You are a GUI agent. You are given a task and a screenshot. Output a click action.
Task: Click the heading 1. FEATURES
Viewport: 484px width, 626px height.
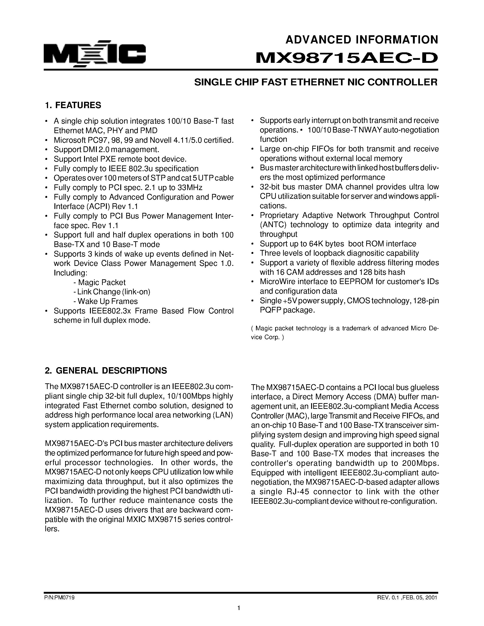click(73, 105)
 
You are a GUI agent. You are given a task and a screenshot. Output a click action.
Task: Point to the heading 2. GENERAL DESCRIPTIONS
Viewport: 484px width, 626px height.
click(106, 371)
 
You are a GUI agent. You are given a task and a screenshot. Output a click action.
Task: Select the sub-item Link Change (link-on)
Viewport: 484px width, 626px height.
click(112, 292)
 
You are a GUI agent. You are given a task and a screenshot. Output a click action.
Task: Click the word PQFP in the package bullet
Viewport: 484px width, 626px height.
click(270, 310)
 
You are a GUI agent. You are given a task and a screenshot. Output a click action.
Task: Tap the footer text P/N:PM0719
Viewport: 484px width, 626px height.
click(60, 598)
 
